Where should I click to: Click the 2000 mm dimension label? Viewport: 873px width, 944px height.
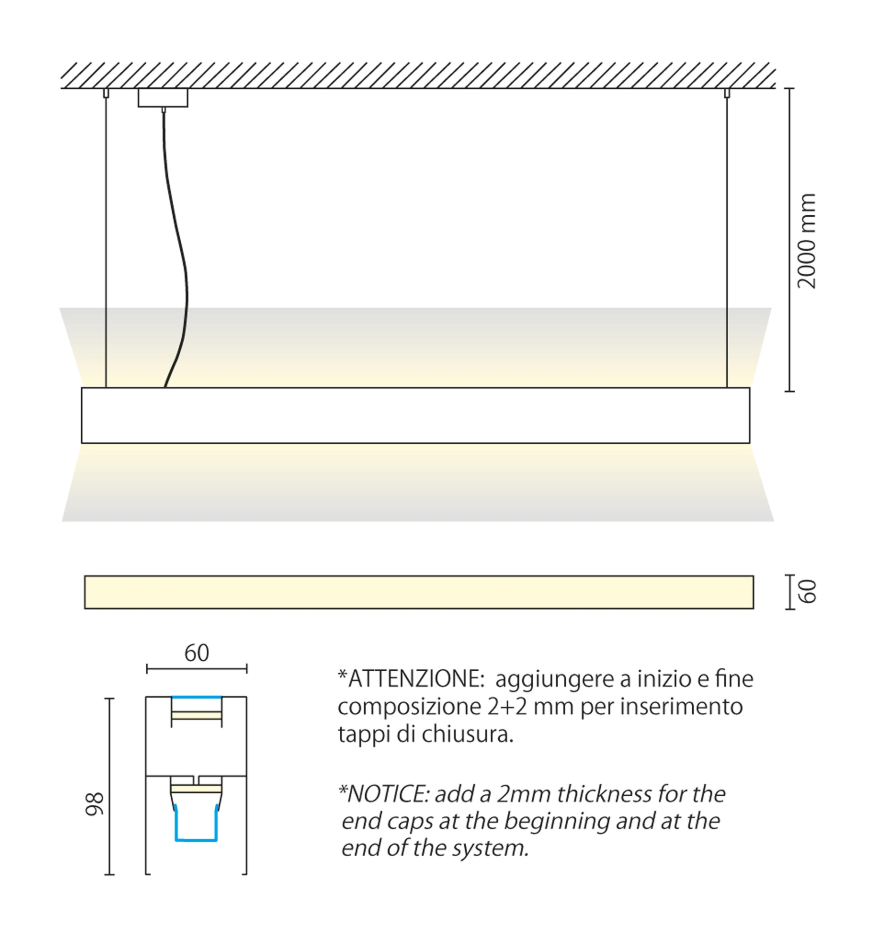click(x=806, y=241)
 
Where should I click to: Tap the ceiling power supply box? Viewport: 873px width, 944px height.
click(x=163, y=98)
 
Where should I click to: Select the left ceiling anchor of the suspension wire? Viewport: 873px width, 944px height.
click(x=106, y=93)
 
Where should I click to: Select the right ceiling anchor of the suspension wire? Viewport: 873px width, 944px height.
click(x=727, y=93)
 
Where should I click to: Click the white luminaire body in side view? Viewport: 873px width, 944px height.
click(x=415, y=415)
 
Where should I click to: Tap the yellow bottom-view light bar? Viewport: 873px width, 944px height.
click(x=419, y=592)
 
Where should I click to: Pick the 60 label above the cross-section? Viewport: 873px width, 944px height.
click(x=196, y=653)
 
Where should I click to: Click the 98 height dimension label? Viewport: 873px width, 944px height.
click(x=94, y=804)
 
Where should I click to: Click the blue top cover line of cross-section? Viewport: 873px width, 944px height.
click(x=196, y=697)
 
